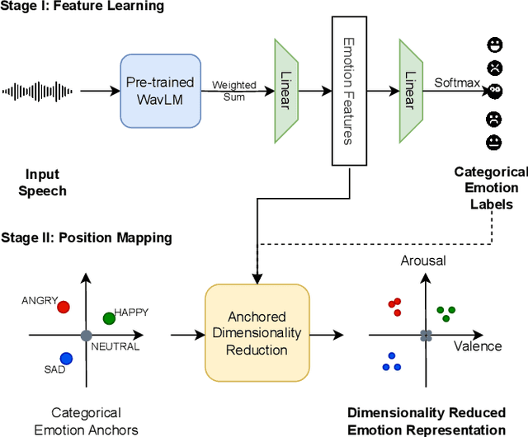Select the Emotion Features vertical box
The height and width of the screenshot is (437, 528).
[348, 91]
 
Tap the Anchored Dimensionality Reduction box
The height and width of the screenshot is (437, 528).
[256, 333]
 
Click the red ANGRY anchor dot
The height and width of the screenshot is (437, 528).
[64, 307]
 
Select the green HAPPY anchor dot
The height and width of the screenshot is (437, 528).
[108, 318]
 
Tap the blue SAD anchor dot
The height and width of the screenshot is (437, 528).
[66, 358]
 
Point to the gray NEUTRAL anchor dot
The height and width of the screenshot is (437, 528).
[86, 335]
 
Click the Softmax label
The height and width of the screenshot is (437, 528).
[452, 82]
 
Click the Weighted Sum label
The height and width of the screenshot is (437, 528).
[234, 90]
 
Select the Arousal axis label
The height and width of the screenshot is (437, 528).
[423, 261]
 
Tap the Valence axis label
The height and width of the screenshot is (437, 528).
[477, 345]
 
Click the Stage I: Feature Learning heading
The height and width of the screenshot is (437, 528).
[82, 7]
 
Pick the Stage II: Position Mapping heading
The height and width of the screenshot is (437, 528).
[86, 237]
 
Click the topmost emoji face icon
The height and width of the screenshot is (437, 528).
[494, 43]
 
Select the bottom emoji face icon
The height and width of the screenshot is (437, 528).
[494, 143]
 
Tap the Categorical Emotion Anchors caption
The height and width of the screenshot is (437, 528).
[86, 421]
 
